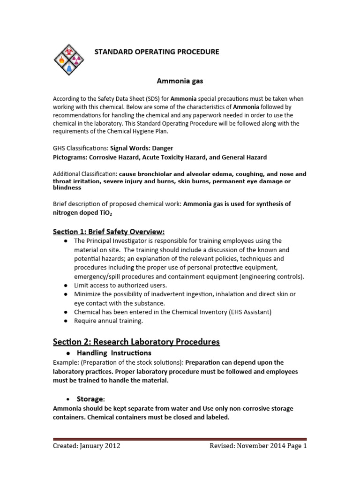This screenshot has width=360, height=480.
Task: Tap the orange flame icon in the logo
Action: pos(61,60)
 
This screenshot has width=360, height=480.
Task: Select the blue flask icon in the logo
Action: pos(69,68)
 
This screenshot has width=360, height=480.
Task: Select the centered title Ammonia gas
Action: pos(180,81)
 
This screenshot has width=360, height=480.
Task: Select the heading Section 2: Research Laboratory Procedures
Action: pos(136,342)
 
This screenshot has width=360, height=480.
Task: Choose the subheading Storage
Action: pos(90,399)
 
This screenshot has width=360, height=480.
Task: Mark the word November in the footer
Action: pos(253,446)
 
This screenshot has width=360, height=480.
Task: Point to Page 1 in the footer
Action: pos(296,446)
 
